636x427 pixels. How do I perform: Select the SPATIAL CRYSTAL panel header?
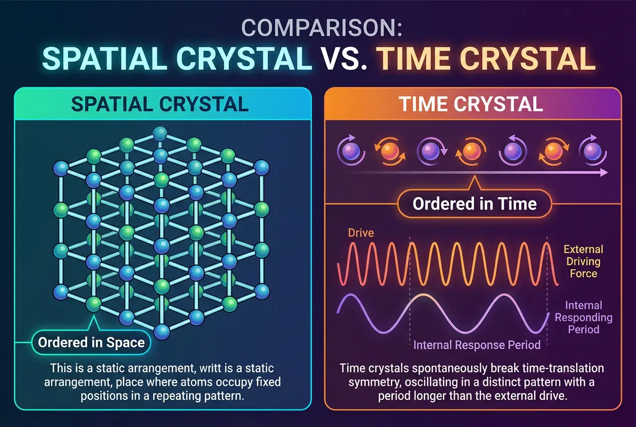pyautogui.click(x=160, y=104)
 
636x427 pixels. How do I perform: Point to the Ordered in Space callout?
pyautogui.click(x=92, y=343)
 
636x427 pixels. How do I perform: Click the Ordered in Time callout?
pyautogui.click(x=474, y=204)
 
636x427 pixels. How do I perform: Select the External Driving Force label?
pyautogui.click(x=583, y=261)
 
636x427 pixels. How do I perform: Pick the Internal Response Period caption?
pyautogui.click(x=477, y=345)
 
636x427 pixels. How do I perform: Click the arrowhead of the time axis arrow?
pyautogui.click(x=604, y=173)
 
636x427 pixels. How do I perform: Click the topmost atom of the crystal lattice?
pyautogui.click(x=160, y=133)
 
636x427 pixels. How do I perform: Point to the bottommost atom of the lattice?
pyautogui.click(x=162, y=331)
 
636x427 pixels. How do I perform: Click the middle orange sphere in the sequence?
pyautogui.click(x=471, y=151)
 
